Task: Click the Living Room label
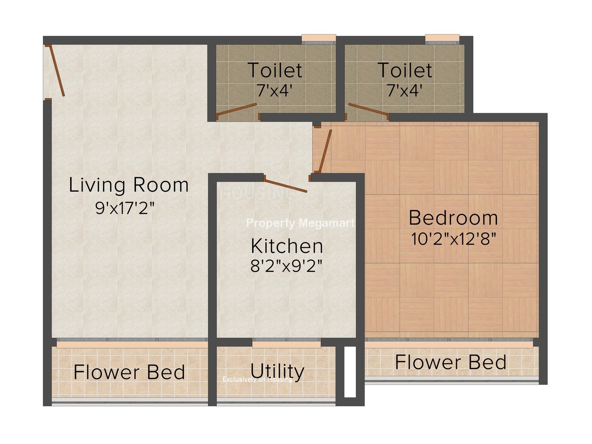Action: point(129,185)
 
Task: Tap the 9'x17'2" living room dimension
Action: point(125,208)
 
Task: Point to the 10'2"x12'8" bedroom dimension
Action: point(453,238)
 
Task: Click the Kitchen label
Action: point(287,246)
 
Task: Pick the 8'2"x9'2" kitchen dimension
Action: point(286,266)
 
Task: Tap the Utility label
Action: point(277,372)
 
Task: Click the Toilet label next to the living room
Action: point(274,70)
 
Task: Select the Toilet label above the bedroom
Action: point(405,70)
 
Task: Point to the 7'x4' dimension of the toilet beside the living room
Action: point(274,90)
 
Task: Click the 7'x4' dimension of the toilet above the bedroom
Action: point(405,90)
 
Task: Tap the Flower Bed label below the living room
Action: point(129,372)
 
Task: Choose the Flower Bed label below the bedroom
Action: point(450,362)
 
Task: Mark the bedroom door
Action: point(325,151)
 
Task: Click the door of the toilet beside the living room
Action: point(236,110)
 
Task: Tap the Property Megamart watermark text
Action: point(301,223)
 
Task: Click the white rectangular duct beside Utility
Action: point(350,372)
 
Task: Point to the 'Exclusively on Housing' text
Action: point(257,379)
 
